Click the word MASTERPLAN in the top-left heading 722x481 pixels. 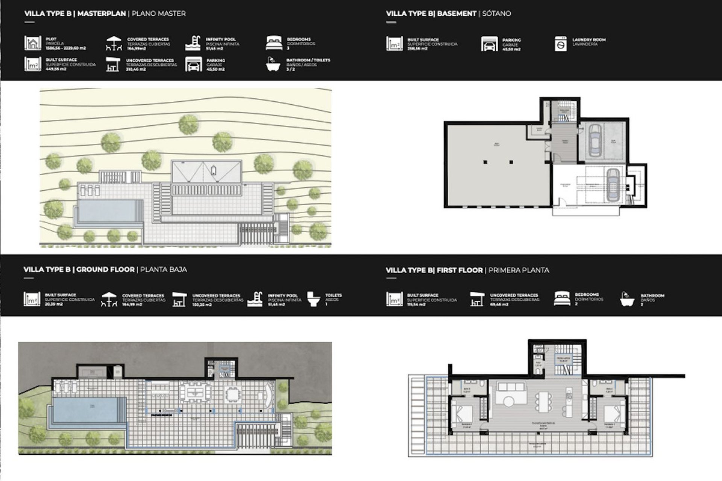tap(102, 14)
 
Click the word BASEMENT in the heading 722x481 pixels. tap(457, 14)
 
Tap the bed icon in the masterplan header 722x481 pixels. tap(273, 43)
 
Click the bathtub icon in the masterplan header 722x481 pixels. tap(273, 64)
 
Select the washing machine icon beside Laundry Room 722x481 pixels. tap(560, 44)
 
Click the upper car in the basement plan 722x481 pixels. tap(595, 140)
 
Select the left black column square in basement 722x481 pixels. tap(485, 162)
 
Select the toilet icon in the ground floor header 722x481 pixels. tap(313, 299)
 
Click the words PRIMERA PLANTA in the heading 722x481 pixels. tap(519, 270)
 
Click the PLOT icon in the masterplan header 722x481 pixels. tap(33, 43)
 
